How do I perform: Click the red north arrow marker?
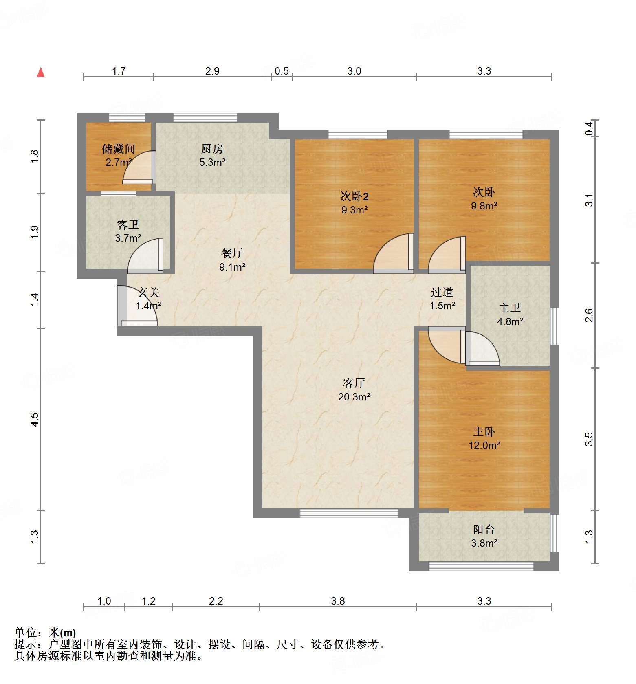click(x=41, y=72)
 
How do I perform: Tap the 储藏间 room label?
click(x=118, y=149)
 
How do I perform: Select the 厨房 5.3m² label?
click(x=212, y=155)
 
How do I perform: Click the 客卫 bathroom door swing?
click(x=146, y=255)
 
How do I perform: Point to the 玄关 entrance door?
click(x=137, y=306)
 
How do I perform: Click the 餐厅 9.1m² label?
click(x=232, y=260)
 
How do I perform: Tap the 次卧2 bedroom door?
click(x=394, y=253)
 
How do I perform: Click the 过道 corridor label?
click(x=442, y=292)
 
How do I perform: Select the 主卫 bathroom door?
click(x=482, y=348)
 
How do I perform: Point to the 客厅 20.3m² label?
click(x=354, y=390)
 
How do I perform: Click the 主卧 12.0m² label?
click(x=484, y=438)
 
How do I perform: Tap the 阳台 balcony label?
click(x=484, y=529)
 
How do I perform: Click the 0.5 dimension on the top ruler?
click(x=282, y=71)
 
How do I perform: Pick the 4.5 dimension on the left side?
click(x=35, y=419)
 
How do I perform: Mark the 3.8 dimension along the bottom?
click(x=338, y=601)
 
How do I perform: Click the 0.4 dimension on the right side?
click(x=589, y=129)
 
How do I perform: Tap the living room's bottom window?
click(x=349, y=513)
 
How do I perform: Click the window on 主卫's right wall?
click(x=555, y=326)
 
